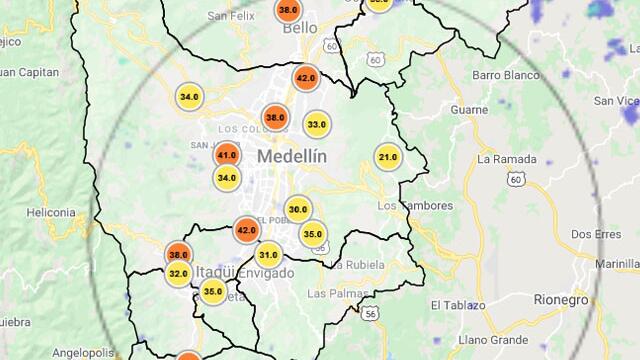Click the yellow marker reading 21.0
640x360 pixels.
click(388, 157)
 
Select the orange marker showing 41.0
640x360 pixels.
click(227, 155)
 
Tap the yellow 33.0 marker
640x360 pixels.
click(316, 125)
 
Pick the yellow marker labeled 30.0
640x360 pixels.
click(298, 210)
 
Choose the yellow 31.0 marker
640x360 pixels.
click(268, 255)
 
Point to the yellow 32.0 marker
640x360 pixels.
click(179, 273)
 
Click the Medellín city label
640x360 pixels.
click(292, 156)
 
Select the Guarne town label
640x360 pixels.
click(468, 109)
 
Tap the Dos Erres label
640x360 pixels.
click(594, 234)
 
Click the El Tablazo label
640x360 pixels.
click(458, 304)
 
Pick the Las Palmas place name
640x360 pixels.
click(331, 293)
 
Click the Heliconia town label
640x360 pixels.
click(51, 212)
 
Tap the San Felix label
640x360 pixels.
click(232, 16)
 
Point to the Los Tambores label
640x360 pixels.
click(414, 205)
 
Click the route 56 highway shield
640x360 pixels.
click(371, 313)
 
